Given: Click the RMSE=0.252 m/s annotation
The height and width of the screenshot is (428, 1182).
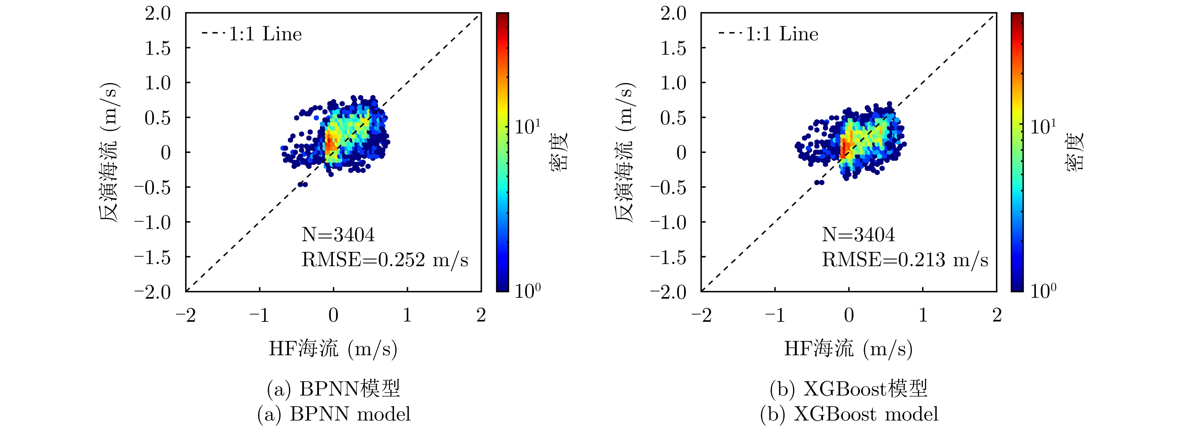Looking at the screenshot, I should pyautogui.click(x=385, y=260).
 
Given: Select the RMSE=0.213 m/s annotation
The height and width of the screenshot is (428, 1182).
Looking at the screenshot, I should pyautogui.click(x=904, y=260).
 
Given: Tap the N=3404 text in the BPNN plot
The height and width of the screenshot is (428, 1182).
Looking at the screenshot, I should pyautogui.click(x=338, y=235).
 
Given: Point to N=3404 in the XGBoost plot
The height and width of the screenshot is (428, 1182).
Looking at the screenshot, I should pyautogui.click(x=858, y=235).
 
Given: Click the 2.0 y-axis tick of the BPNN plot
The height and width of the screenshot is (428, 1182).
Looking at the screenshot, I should pyautogui.click(x=158, y=14).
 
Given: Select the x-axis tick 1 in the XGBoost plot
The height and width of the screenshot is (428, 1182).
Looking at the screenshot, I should pyautogui.click(x=923, y=315).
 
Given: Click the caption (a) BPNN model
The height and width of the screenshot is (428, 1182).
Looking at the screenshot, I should pyautogui.click(x=334, y=414).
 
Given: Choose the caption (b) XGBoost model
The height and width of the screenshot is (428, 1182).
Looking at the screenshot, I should pyautogui.click(x=849, y=414).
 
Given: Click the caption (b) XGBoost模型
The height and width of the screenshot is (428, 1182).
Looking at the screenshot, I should pyautogui.click(x=849, y=389).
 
